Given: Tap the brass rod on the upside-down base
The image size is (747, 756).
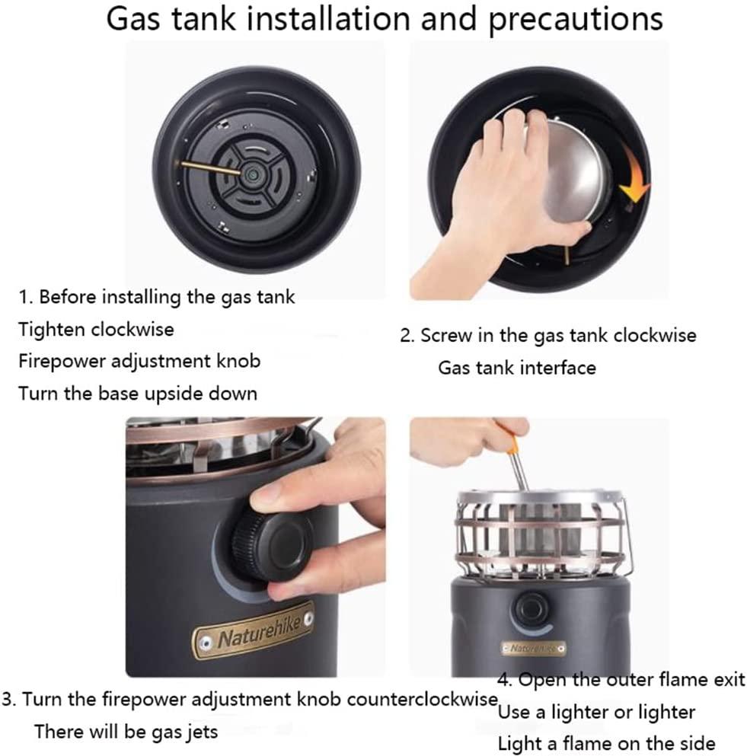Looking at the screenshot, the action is pos(211,167).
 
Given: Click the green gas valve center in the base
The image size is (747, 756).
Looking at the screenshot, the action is pos(251,172).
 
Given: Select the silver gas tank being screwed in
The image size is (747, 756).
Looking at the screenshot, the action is pos(569,170).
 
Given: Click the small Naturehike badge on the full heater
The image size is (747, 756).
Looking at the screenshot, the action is pos(533,649).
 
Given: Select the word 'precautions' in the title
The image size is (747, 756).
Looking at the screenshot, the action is pos(576,19).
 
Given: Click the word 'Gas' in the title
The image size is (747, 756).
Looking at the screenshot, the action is pos(132,19).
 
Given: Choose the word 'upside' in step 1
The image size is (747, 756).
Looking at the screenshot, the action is pos(174,394).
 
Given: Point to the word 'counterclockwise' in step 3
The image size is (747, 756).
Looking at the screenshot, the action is pos(422,699).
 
